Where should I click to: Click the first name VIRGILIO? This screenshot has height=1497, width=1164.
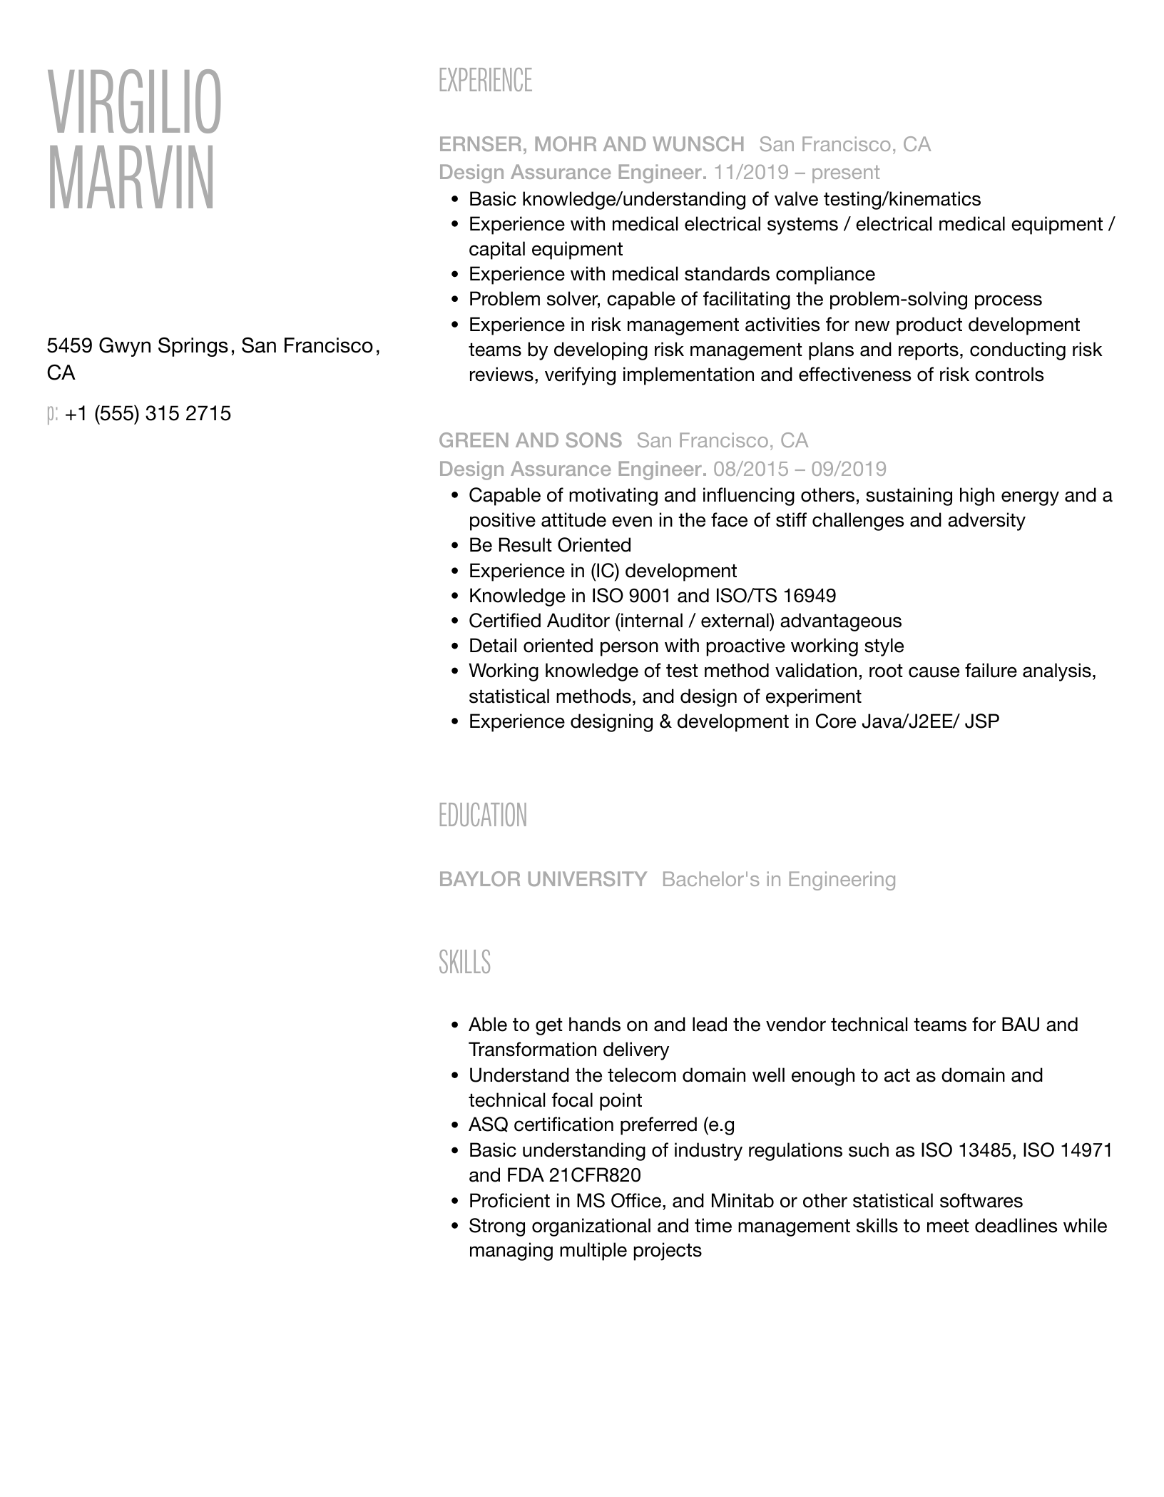[x=134, y=103]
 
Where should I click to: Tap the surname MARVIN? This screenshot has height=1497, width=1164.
[x=131, y=178]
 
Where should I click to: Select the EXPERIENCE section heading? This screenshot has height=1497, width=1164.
[x=485, y=81]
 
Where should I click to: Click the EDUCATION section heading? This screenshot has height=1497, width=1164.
[x=483, y=816]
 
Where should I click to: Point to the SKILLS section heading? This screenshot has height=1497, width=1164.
[x=464, y=963]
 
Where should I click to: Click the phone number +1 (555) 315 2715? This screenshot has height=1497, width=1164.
[x=148, y=414]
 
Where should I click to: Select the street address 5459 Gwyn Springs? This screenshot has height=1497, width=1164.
[x=137, y=346]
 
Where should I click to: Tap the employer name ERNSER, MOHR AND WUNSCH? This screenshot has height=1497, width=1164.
[x=591, y=145]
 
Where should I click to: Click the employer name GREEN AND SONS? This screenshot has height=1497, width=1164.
[x=530, y=440]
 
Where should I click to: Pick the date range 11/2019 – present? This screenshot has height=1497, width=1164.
[x=797, y=173]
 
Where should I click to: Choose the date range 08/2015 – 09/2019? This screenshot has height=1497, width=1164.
[x=800, y=469]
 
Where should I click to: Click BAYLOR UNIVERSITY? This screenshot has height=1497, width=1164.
[x=543, y=879]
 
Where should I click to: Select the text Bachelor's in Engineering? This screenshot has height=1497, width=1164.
[x=779, y=879]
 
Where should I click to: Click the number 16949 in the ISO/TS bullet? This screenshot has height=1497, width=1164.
[x=810, y=596]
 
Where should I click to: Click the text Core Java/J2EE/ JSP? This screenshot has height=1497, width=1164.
[x=907, y=721]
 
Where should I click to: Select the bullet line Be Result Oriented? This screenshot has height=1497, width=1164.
[x=550, y=545]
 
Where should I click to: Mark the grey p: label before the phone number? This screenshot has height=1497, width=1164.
[x=52, y=414]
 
